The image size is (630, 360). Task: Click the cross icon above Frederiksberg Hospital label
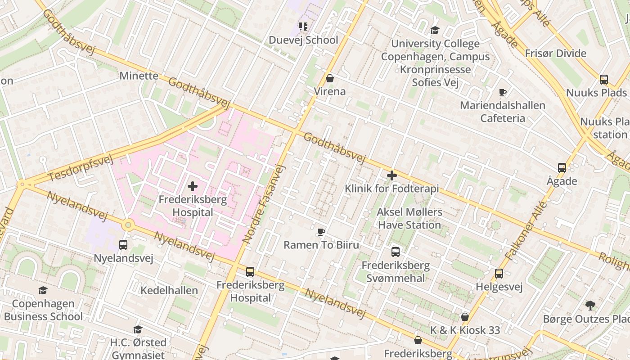pyautogui.click(x=193, y=186)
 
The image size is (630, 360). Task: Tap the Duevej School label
pyautogui.click(x=303, y=40)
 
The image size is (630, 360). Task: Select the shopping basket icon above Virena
pyautogui.click(x=330, y=78)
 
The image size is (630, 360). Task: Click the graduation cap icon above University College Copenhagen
pyautogui.click(x=435, y=31)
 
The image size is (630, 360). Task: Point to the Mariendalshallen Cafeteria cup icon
pyautogui.click(x=503, y=93)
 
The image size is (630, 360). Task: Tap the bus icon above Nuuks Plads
pyautogui.click(x=604, y=80)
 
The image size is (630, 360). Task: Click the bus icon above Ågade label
pyautogui.click(x=562, y=168)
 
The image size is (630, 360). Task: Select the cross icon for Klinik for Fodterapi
pyautogui.click(x=392, y=175)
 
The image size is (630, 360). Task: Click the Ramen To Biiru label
pyautogui.click(x=321, y=245)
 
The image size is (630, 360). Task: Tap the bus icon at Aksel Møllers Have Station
pyautogui.click(x=396, y=252)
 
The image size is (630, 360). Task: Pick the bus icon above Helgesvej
pyautogui.click(x=499, y=274)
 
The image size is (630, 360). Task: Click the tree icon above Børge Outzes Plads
pyautogui.click(x=590, y=306)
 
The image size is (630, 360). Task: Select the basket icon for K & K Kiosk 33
pyautogui.click(x=465, y=317)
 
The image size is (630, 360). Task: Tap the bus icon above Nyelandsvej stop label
pyautogui.click(x=123, y=245)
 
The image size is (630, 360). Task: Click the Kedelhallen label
pyautogui.click(x=169, y=290)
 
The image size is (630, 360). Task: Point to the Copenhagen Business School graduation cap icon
pyautogui.click(x=43, y=291)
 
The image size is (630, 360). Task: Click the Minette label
pyautogui.click(x=139, y=76)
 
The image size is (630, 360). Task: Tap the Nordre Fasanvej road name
pyautogui.click(x=264, y=205)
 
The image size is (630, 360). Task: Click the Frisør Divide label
pyautogui.click(x=556, y=54)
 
